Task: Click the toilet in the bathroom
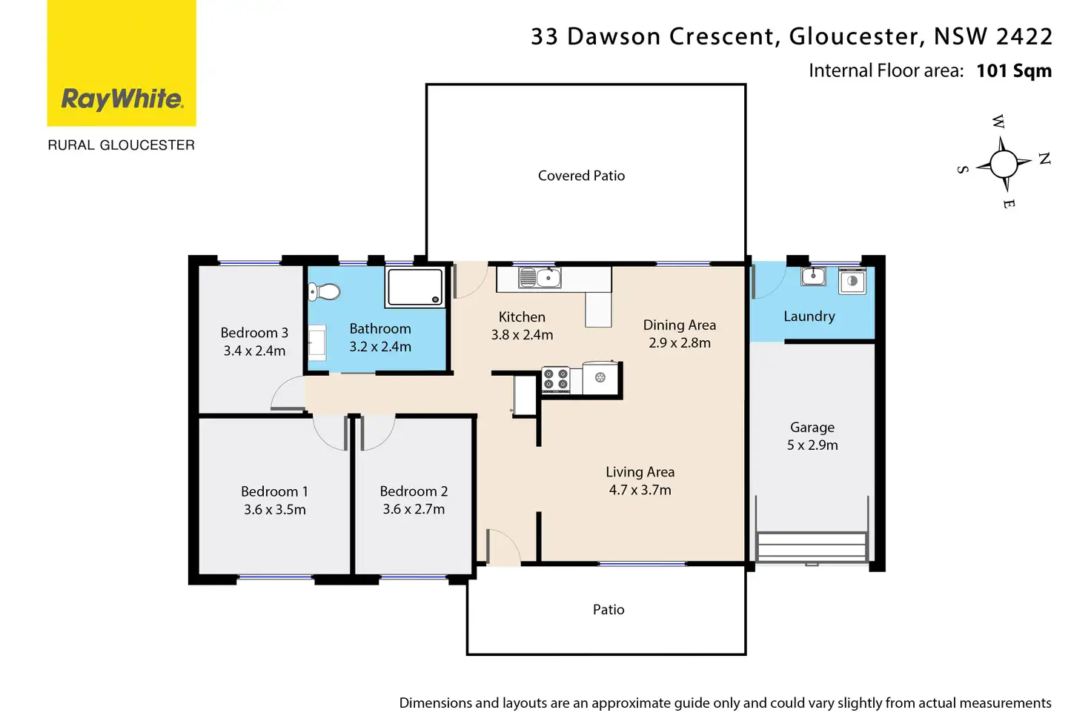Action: (x=324, y=292)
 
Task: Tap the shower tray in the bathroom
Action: (x=415, y=287)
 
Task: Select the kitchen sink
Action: (x=540, y=278)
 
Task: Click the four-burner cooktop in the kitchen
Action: (x=556, y=380)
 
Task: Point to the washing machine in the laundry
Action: (x=852, y=282)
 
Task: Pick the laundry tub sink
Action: (x=813, y=276)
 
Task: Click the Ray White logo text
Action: (x=122, y=99)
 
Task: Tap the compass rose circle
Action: (x=1004, y=164)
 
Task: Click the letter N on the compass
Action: (x=1044, y=159)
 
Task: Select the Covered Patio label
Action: (x=581, y=176)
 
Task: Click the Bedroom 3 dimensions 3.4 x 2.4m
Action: (x=254, y=351)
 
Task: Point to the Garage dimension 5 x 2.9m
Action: (x=812, y=445)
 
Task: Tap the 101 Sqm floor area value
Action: (x=1014, y=71)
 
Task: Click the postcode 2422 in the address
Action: (x=1024, y=36)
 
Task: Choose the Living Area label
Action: (x=640, y=472)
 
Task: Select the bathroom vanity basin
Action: (x=317, y=343)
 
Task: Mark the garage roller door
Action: (x=812, y=548)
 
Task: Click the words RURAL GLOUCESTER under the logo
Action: (x=122, y=145)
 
